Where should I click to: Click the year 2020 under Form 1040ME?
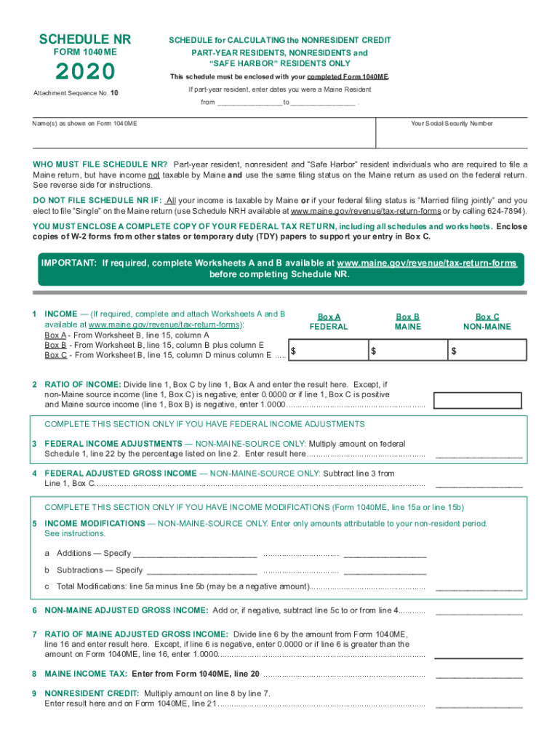(x=75, y=72)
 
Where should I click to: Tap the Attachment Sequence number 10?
(x=114, y=93)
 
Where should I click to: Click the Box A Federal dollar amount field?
(x=328, y=351)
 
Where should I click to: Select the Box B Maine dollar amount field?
(x=407, y=351)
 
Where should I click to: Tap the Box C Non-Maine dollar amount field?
(x=487, y=351)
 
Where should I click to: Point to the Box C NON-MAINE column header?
(x=487, y=322)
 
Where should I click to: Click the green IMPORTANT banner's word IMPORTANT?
(x=70, y=262)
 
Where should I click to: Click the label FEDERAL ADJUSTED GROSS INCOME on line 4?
(x=121, y=473)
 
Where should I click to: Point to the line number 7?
(x=35, y=634)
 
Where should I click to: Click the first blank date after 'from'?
(x=249, y=103)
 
